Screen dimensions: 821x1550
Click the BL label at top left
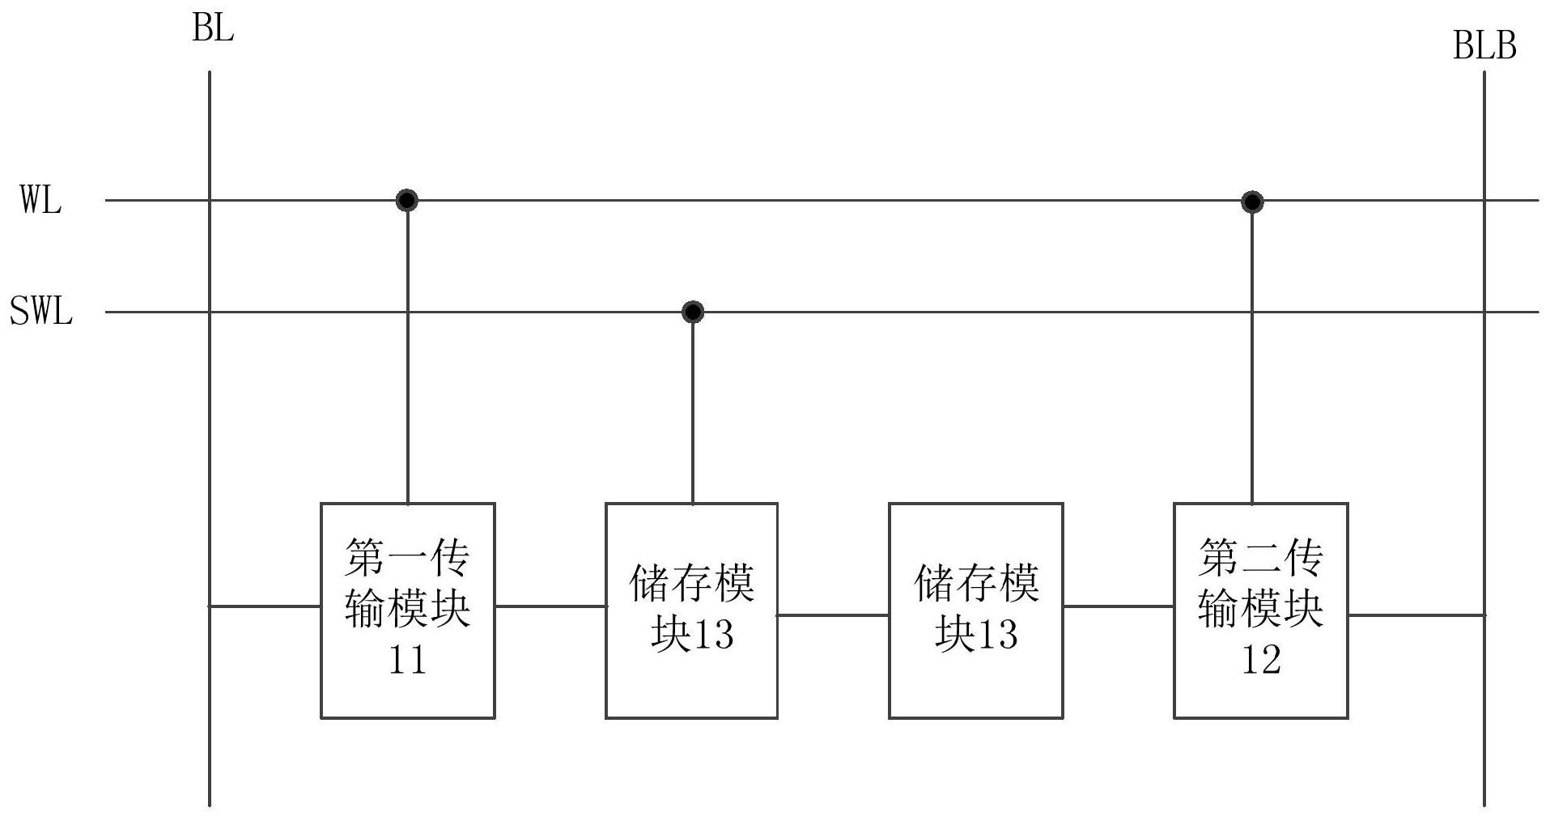(213, 29)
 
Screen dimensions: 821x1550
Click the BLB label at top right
(1484, 46)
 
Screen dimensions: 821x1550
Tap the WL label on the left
(40, 200)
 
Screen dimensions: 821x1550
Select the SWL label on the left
(41, 312)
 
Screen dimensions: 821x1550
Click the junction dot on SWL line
(693, 312)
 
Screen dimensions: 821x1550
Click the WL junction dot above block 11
(407, 200)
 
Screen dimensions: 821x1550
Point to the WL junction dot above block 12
(1252, 201)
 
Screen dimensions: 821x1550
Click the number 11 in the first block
(407, 661)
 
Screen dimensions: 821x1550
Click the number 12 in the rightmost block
(1261, 661)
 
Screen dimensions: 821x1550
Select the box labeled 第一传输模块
(407, 610)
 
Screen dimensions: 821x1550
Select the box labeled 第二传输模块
(1261, 610)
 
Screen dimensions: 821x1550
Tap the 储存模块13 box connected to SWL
(692, 610)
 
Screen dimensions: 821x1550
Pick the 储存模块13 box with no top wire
(976, 610)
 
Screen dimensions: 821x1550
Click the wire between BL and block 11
(265, 606)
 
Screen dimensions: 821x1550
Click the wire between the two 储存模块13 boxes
(834, 615)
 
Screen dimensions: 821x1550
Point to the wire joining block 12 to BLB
(1416, 615)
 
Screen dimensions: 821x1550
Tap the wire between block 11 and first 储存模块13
(550, 606)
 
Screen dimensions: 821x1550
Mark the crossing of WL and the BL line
(210, 200)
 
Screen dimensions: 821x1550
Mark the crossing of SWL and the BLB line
(1484, 312)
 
